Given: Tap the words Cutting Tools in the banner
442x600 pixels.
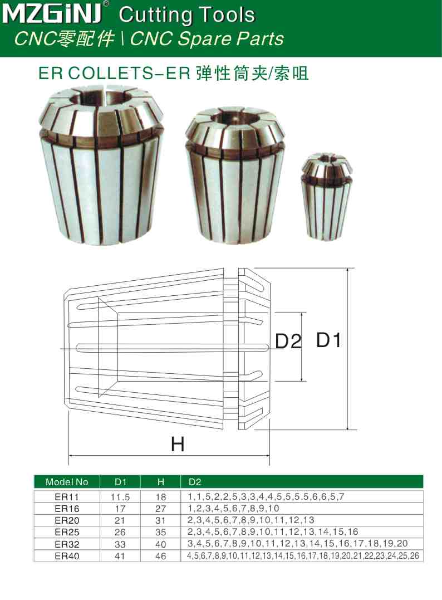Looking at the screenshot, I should point(187,15).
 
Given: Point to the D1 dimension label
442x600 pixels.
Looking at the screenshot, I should point(328,340).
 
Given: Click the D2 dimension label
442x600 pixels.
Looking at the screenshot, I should point(288,341).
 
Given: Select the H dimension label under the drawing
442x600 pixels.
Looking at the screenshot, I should point(177,444).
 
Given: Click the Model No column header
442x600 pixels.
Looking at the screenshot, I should point(67,482).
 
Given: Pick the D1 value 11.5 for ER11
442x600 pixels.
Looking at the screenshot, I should point(121,496).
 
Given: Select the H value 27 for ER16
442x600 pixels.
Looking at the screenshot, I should point(161,508).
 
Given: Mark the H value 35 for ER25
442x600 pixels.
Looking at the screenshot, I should point(161,531).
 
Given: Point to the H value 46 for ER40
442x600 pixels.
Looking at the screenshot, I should point(161,555).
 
